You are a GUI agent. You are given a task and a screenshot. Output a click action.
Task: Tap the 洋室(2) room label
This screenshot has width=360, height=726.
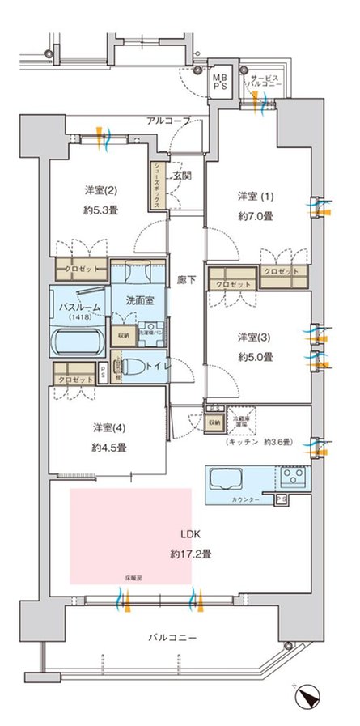[x=101, y=191]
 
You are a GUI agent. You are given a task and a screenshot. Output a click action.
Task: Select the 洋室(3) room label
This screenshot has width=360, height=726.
[x=255, y=337]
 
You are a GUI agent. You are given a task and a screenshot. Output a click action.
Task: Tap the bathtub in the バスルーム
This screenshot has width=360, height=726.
[x=76, y=344]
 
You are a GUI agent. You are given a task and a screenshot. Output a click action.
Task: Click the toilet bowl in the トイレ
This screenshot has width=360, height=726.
[x=137, y=368]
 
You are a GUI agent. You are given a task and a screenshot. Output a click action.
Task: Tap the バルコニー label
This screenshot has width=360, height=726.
[x=173, y=637]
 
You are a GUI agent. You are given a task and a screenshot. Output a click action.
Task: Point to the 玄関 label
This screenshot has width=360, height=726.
[x=182, y=176]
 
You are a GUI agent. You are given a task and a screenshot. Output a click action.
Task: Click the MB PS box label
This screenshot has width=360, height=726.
[x=220, y=81]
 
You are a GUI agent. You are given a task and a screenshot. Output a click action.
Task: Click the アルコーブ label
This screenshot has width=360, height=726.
[x=168, y=121]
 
